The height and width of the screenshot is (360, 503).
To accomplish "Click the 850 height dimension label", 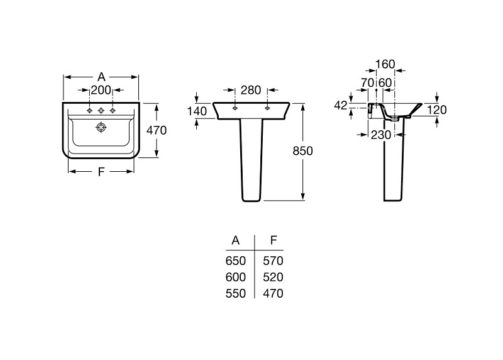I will pos(302,150).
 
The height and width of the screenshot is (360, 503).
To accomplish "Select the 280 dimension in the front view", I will pos(251,90).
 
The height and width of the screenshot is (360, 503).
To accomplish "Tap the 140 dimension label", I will pos(197,111).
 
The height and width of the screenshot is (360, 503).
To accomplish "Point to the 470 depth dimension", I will pos(156,131).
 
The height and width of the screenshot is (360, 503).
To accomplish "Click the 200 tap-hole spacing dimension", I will pos(101,91).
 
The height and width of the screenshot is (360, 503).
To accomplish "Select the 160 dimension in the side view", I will pos(385,64).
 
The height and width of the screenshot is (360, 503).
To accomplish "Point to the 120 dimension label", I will pos(436,110).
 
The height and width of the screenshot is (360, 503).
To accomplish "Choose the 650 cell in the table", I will pos(236,261).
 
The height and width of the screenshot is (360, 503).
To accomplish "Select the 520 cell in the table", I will pos(273,277).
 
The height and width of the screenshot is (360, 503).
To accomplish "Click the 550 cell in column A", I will pos(236,293).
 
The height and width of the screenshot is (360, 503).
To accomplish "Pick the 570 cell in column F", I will pos(273,261).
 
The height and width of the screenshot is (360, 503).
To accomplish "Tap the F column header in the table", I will pos(273,240).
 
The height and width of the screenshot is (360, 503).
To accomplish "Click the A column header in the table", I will pos(236,240).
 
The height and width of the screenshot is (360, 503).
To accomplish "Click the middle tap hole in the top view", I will pos(101,111).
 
